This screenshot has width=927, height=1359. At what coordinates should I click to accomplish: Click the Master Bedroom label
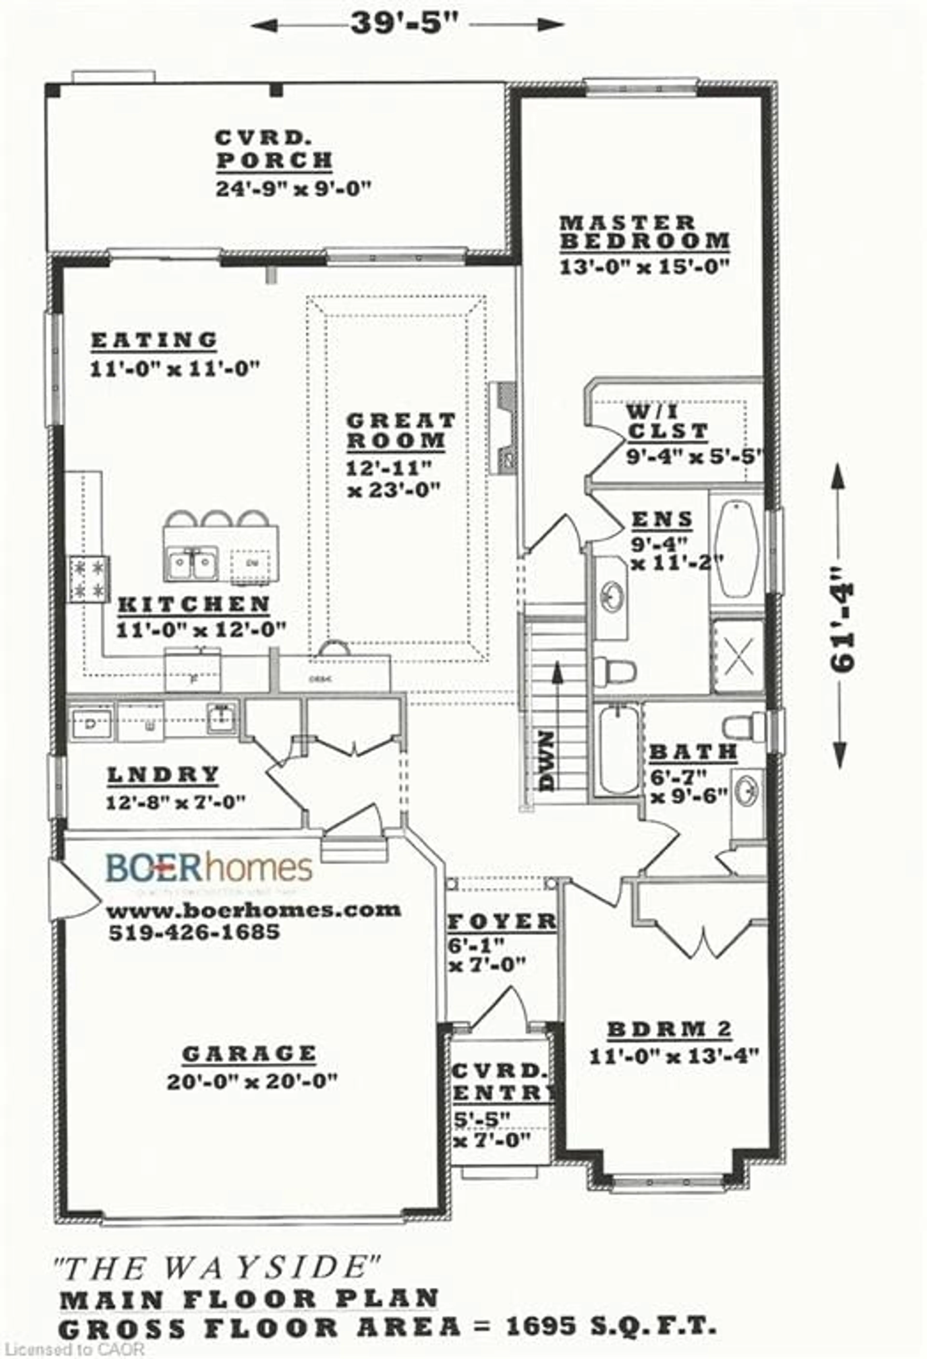[644, 232]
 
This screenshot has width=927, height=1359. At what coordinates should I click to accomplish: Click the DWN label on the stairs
[547, 760]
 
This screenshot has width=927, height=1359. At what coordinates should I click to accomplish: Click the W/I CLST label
[667, 421]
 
